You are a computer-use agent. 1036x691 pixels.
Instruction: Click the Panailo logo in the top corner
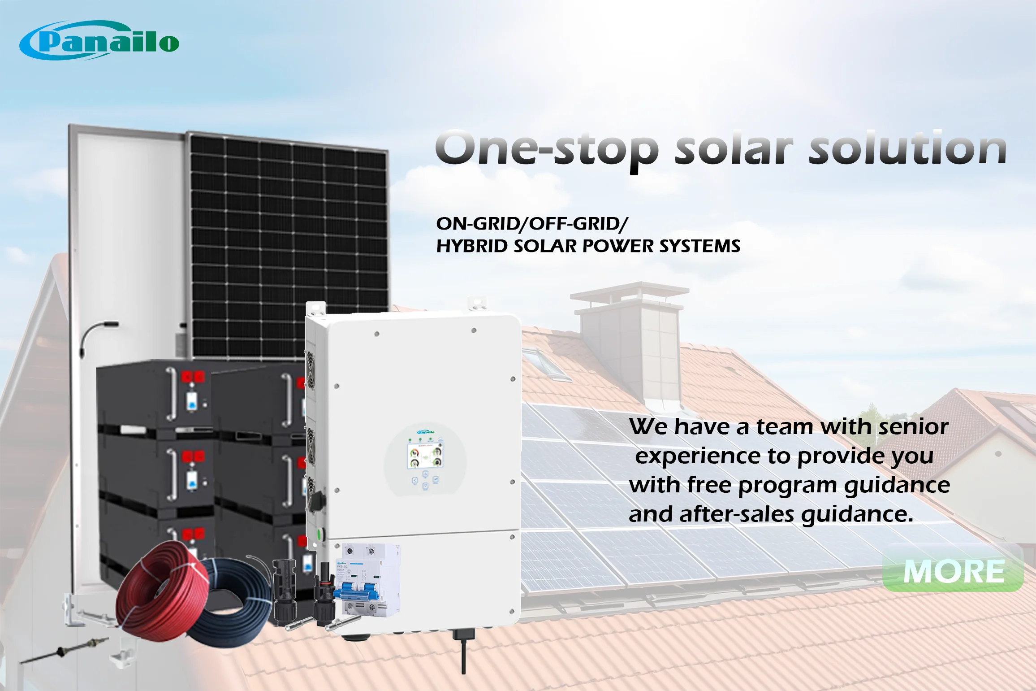[99, 41]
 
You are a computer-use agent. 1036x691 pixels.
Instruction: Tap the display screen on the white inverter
[425, 456]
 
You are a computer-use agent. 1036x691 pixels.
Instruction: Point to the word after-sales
[737, 514]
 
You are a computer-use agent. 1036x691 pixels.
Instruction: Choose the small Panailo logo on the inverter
[425, 432]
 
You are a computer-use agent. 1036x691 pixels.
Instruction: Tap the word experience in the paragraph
[698, 456]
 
